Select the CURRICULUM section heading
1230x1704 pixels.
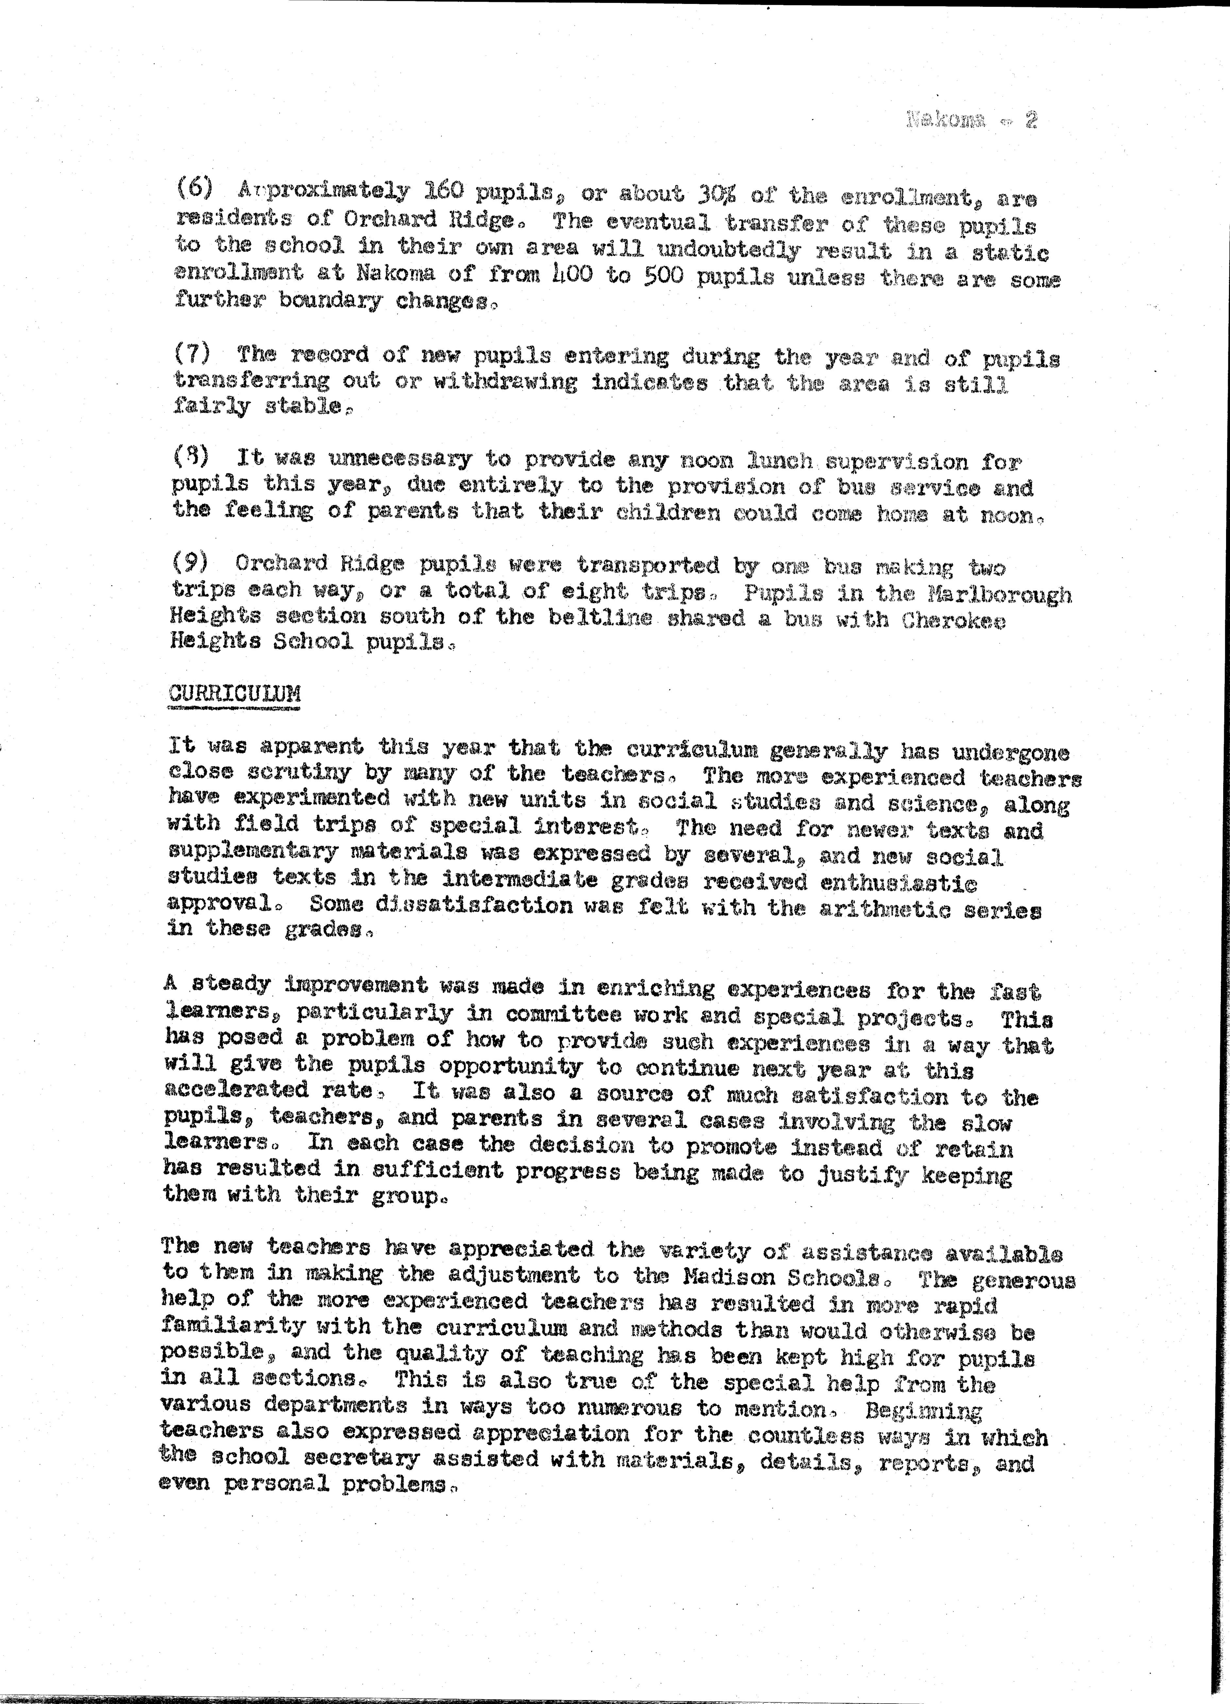coord(234,692)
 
